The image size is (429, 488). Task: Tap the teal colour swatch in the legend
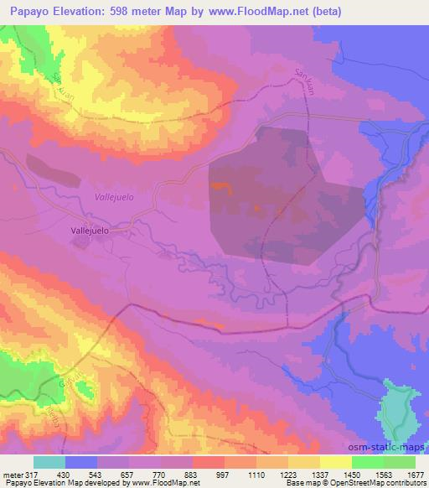coord(49,462)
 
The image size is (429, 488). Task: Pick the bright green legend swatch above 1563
coord(367,462)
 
